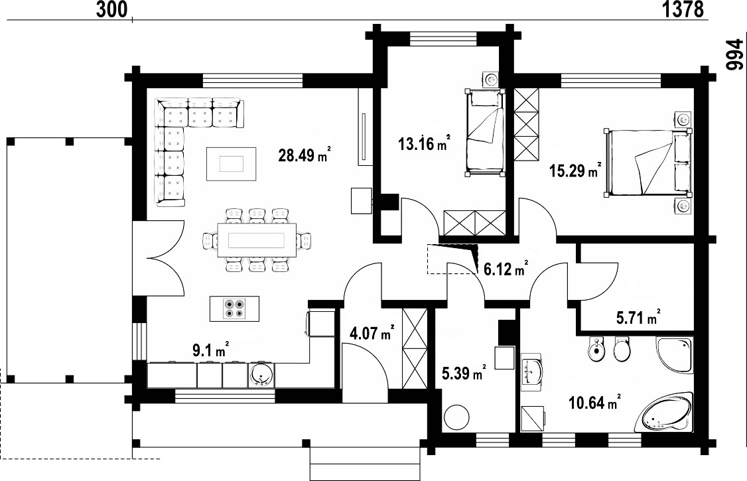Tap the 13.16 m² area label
[x=423, y=143]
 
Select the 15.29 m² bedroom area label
[x=575, y=170]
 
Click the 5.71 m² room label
[x=638, y=318]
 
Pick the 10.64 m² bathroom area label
[x=594, y=403]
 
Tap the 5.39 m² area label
[x=464, y=374]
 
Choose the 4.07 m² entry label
[x=372, y=333]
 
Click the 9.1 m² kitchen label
[x=210, y=350]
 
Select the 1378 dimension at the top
[x=683, y=9]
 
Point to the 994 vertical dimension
[x=734, y=55]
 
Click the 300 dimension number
[x=112, y=9]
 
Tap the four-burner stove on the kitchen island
[x=234, y=309]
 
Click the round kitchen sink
[x=261, y=375]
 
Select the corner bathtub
[x=665, y=413]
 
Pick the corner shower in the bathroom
[x=674, y=354]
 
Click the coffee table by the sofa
[x=232, y=164]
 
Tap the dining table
[x=257, y=240]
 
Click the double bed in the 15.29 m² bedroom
[x=647, y=163]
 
